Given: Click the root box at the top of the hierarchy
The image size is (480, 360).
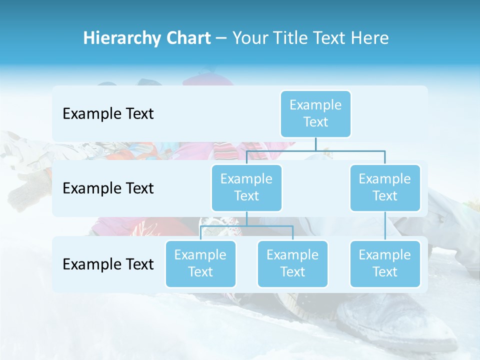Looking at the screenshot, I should pos(315,113).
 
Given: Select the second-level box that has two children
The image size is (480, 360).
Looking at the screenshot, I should pos(246,187).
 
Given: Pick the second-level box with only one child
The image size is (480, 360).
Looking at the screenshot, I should pos(385,187).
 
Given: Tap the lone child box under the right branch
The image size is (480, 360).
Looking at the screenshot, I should pos(385,263).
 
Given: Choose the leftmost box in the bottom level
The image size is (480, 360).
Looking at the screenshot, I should pos(200,263).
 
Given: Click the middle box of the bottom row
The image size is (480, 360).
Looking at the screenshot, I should pos(292,263).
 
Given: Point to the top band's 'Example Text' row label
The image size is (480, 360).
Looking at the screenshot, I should pos(108,114).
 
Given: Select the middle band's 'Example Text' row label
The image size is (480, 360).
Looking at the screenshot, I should pos(108,188).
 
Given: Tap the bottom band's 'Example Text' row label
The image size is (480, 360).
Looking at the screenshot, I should pos(108,264).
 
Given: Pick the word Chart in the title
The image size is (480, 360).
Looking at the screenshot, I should pos(186,38).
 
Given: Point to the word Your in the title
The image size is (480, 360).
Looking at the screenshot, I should pos(250,38).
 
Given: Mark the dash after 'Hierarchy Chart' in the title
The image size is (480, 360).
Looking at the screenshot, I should pos(221,38).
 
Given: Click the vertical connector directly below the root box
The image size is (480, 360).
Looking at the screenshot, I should pos(315,144).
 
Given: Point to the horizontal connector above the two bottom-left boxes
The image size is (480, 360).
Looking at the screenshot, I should pos(246,226).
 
